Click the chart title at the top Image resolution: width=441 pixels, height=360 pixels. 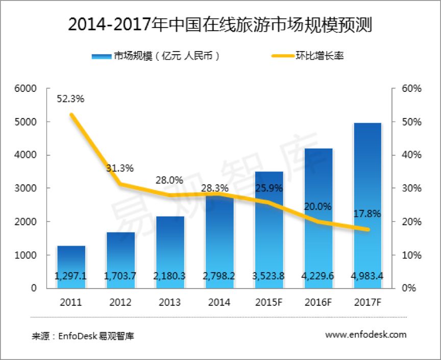point(220,24)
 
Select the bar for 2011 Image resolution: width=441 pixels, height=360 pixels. point(71,266)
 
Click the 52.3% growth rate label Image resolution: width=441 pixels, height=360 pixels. point(70,99)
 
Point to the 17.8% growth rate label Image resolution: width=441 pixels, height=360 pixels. point(367,214)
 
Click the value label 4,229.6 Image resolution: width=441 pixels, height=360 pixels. point(318,277)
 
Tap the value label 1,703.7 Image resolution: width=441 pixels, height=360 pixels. point(120,277)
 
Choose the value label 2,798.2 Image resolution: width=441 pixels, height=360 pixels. point(219,277)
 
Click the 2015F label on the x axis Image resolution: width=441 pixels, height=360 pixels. point(269,302)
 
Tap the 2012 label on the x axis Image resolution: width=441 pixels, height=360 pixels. point(120,302)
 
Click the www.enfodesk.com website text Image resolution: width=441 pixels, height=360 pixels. point(365,334)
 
